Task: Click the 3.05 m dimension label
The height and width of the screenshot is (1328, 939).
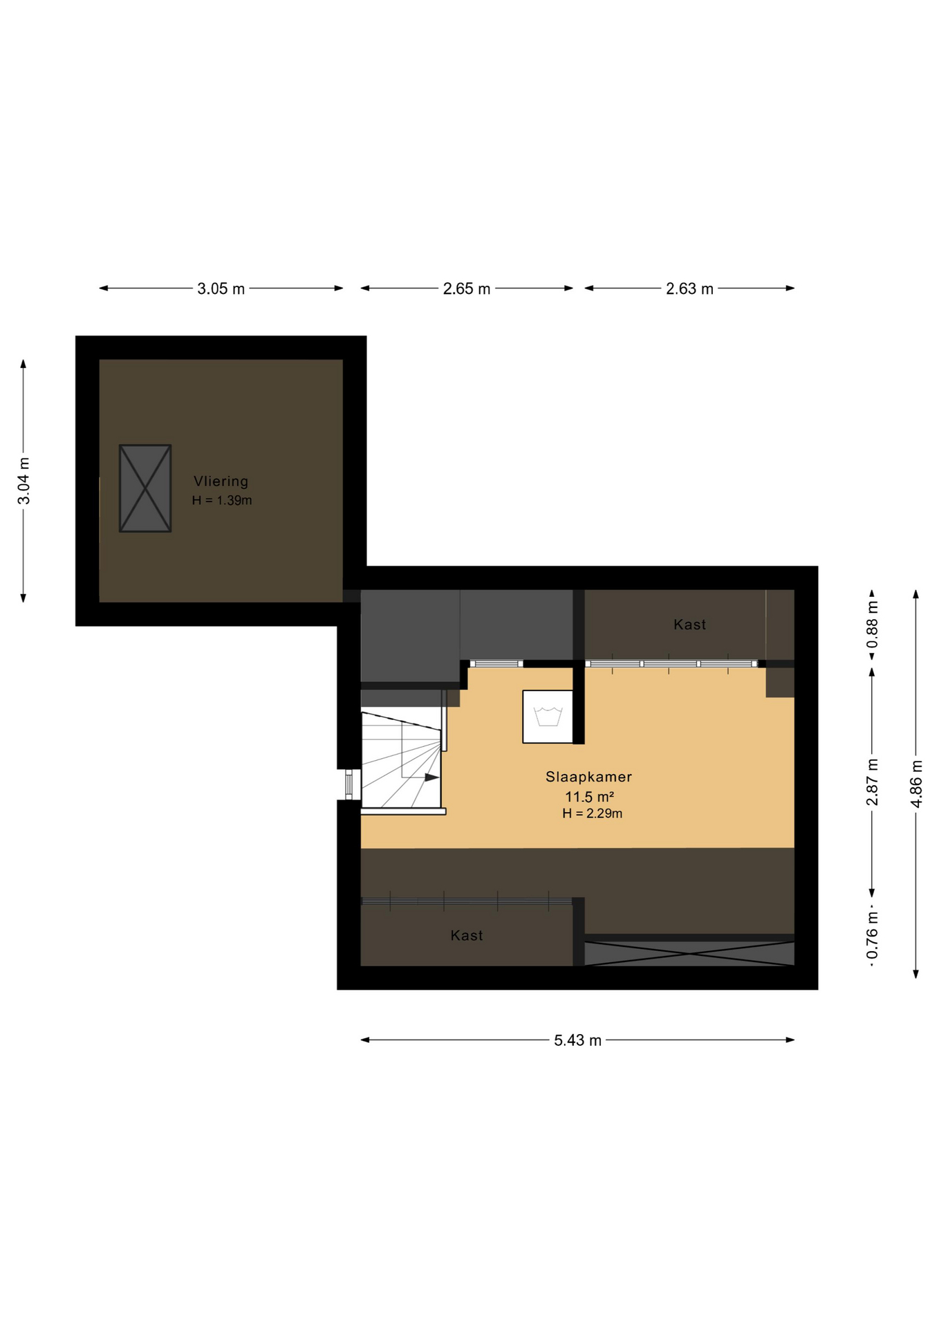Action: click(221, 288)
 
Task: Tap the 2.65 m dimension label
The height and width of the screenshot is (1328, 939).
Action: click(467, 288)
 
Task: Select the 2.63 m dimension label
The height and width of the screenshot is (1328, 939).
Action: click(689, 288)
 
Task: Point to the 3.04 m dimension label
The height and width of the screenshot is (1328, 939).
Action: click(24, 481)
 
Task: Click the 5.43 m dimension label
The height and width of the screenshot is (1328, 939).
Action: click(577, 1040)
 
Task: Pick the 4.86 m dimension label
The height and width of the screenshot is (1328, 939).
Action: click(917, 783)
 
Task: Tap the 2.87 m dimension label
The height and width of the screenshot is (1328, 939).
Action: click(873, 782)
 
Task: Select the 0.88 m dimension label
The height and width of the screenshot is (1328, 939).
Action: click(873, 625)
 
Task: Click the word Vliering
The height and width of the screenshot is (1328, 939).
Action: click(221, 481)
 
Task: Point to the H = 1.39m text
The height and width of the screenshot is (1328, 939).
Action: click(221, 500)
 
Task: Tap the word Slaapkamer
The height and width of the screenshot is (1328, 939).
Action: click(588, 777)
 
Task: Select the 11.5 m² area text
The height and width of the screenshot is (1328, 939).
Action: click(589, 797)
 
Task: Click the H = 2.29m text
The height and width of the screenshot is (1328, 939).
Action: click(592, 813)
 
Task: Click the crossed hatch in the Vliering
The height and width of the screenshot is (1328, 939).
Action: click(145, 488)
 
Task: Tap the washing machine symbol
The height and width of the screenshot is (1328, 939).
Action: click(548, 717)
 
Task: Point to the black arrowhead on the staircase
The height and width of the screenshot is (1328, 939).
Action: click(431, 777)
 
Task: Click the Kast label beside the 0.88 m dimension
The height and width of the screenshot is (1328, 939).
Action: click(689, 625)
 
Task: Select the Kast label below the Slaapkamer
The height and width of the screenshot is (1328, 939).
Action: click(467, 936)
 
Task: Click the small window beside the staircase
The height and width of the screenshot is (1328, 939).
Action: click(348, 784)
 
